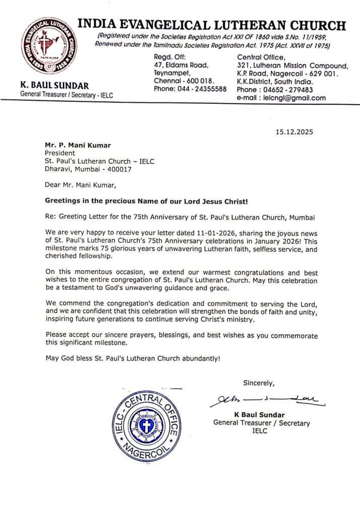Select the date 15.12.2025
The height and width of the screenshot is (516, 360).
(x=294, y=133)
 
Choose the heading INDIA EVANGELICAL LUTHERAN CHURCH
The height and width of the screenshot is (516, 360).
(x=212, y=25)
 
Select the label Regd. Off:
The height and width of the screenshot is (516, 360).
(x=170, y=56)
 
